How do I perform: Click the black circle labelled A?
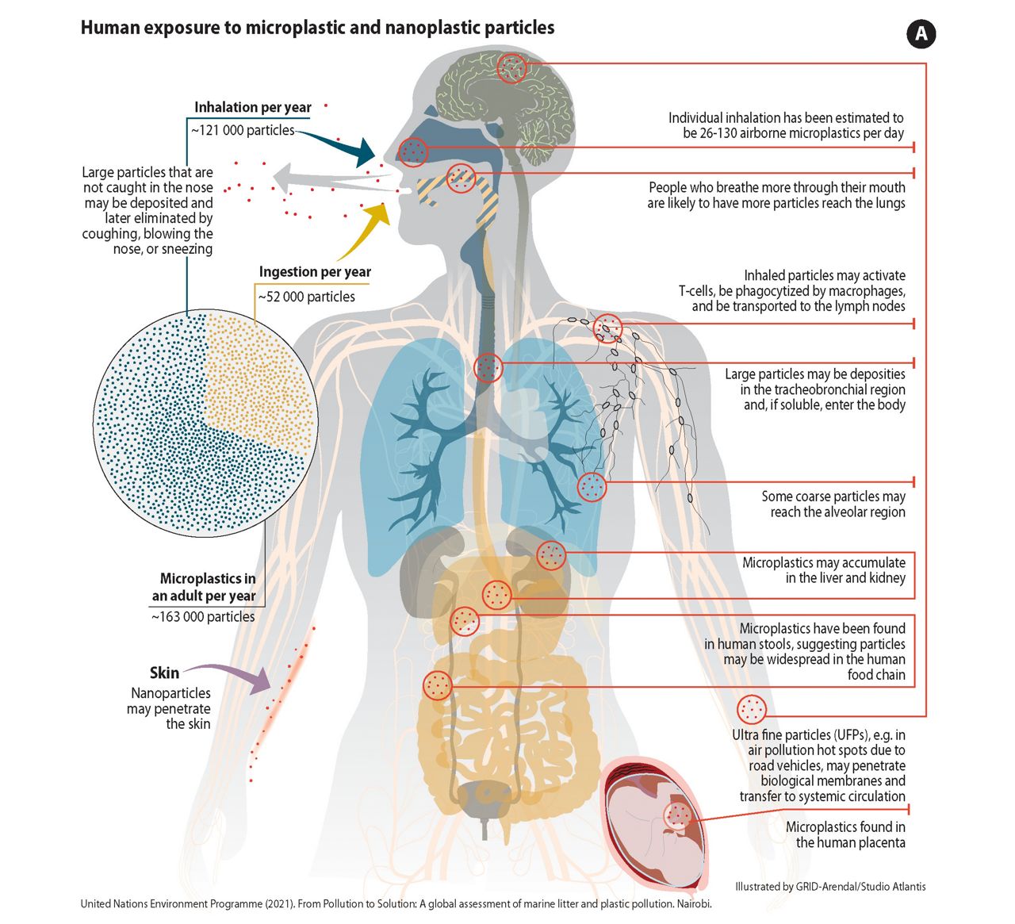coord(921,34)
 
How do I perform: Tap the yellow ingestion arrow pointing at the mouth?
coord(366,230)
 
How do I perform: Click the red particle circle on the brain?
coord(511,68)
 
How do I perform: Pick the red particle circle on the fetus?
coord(678,815)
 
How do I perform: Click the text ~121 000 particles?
coord(243,131)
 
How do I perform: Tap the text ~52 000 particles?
coord(307,297)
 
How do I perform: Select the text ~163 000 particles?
coord(204,617)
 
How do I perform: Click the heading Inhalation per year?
coord(253,107)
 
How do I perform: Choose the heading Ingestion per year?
coord(316,272)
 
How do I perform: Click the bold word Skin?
coord(164,673)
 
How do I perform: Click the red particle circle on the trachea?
coord(488,367)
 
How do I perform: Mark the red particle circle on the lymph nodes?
coord(607,328)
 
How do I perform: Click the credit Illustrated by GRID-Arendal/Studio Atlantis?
coord(830,887)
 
